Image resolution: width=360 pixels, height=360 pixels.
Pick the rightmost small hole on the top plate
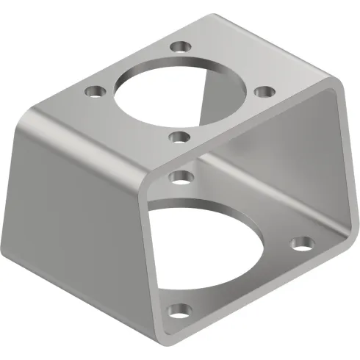(264, 93)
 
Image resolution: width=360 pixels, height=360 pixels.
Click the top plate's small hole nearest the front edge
(177, 136)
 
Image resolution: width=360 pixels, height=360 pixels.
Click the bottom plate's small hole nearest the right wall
(300, 243)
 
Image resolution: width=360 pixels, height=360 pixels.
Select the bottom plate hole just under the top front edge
(178, 176)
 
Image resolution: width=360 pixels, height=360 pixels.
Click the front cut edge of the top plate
(242, 133)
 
